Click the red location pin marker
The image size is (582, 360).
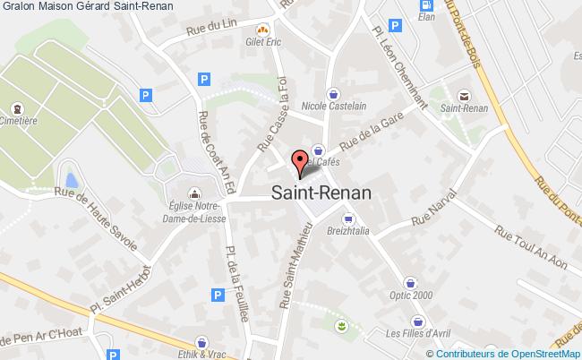tap(298, 161)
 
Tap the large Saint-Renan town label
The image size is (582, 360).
tap(323, 193)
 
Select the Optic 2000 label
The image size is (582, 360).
tap(412, 294)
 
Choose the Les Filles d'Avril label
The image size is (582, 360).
tap(417, 333)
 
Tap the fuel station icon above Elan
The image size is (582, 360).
tap(426, 4)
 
